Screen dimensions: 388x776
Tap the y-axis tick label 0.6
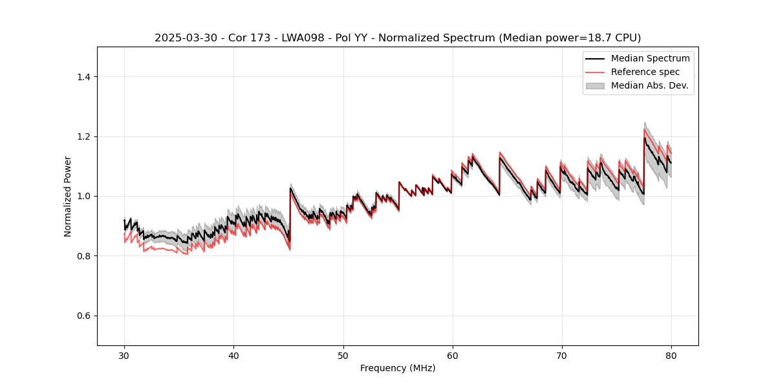83,316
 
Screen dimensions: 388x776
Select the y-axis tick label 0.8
83,256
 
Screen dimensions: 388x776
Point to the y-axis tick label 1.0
83,196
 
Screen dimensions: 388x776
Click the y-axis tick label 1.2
83,136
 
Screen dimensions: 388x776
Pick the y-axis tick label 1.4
83,77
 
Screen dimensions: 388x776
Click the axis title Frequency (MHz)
398,368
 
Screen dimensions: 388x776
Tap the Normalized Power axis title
67,196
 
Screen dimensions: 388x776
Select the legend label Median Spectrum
650,58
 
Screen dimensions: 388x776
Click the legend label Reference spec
645,72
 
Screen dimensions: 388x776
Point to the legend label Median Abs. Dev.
649,85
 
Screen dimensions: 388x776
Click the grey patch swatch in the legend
595,85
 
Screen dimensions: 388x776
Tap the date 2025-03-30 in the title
182,38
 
